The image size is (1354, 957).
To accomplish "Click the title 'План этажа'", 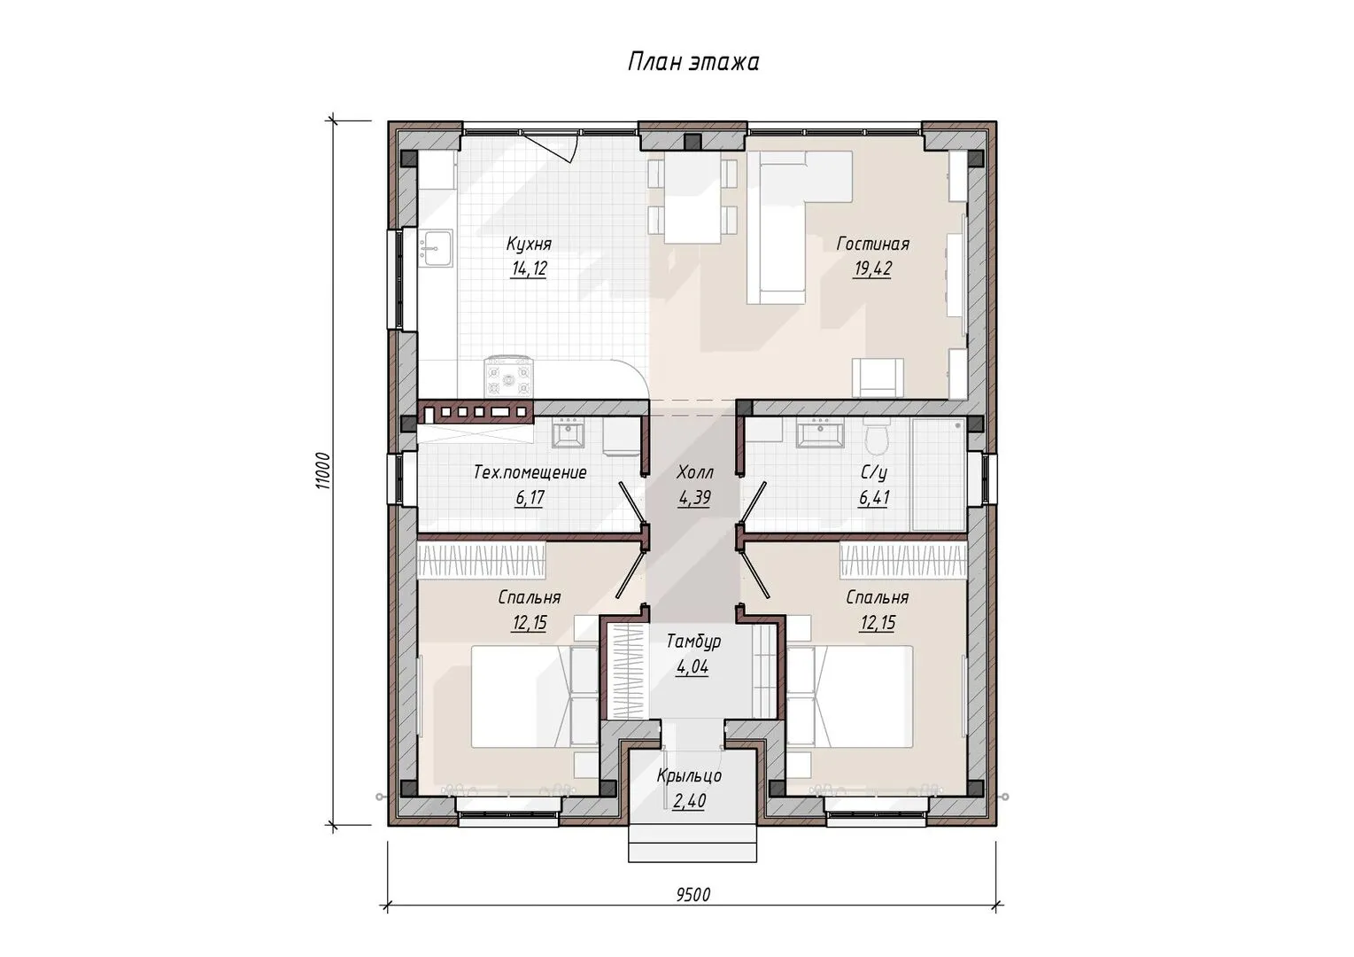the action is [x=692, y=62].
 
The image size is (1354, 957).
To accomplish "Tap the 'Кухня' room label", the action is [x=529, y=245].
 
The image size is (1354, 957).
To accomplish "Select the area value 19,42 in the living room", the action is [x=872, y=269].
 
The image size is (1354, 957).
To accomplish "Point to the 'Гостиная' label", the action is [x=873, y=245].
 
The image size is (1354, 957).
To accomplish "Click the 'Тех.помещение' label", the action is [x=530, y=472].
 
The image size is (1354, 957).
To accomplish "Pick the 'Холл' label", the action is [x=694, y=472].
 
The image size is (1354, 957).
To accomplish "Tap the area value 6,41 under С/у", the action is [x=874, y=498].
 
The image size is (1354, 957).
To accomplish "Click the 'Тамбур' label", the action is [x=693, y=642].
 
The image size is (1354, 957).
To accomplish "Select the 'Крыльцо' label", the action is [x=689, y=775].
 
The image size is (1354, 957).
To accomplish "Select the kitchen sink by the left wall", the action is [x=436, y=247].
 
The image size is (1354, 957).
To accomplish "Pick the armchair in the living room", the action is [x=878, y=378].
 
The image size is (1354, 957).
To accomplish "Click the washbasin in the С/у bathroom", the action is [x=820, y=433].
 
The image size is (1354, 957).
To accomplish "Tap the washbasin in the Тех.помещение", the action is [x=567, y=433].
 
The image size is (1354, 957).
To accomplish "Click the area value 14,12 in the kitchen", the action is [x=529, y=269].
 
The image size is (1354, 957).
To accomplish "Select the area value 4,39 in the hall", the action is [x=694, y=498].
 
